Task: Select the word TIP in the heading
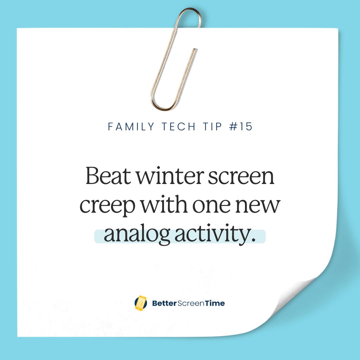pos(211,127)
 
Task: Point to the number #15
pos(241,127)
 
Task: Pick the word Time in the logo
pos(215,303)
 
